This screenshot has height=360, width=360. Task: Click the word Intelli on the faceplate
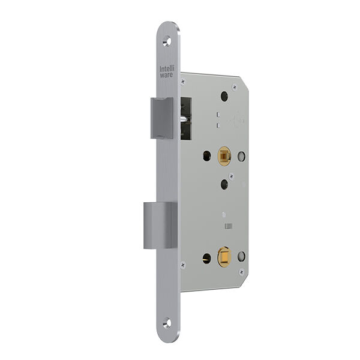coord(167,68)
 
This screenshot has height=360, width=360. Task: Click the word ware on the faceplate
coord(166,75)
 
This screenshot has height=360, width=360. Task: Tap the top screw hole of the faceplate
coord(167,41)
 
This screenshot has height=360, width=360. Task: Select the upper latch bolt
coord(162,118)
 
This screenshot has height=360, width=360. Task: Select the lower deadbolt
coord(160,226)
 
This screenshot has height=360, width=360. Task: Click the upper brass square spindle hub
coord(224,157)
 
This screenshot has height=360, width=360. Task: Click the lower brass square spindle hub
coord(224,257)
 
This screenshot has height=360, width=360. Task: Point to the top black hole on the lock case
coord(224,96)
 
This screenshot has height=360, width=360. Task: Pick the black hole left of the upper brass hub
coord(207,156)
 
